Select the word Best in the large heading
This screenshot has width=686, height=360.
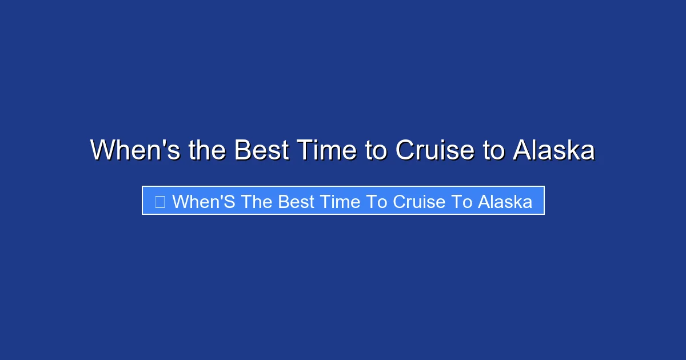pos(261,150)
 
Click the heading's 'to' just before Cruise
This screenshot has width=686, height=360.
pos(376,150)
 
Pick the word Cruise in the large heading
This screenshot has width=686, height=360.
pos(434,150)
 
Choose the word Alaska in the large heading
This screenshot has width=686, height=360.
pos(554,150)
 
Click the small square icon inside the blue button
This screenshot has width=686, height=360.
pos(160,201)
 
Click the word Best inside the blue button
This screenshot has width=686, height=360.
pos(297,201)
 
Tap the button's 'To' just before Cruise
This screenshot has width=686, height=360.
pos(383,201)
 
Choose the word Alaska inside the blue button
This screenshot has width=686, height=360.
pos(505,201)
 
